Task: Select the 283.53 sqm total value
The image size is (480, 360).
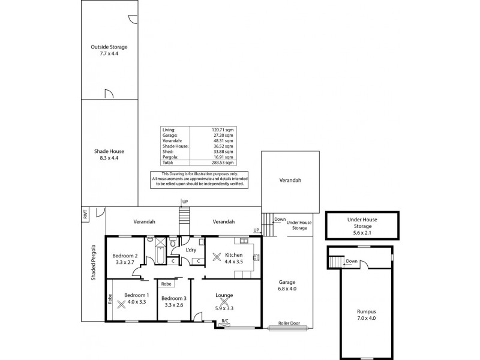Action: [222, 163]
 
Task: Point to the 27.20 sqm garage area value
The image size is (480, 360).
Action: [223, 135]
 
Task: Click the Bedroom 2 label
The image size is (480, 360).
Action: [126, 259]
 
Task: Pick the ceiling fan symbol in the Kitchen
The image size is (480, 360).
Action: [217, 259]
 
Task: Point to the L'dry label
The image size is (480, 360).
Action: [191, 250]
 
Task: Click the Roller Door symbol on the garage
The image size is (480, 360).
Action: [288, 328]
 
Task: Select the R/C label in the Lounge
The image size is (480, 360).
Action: [224, 322]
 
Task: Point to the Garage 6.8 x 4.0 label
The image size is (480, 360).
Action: [288, 285]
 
